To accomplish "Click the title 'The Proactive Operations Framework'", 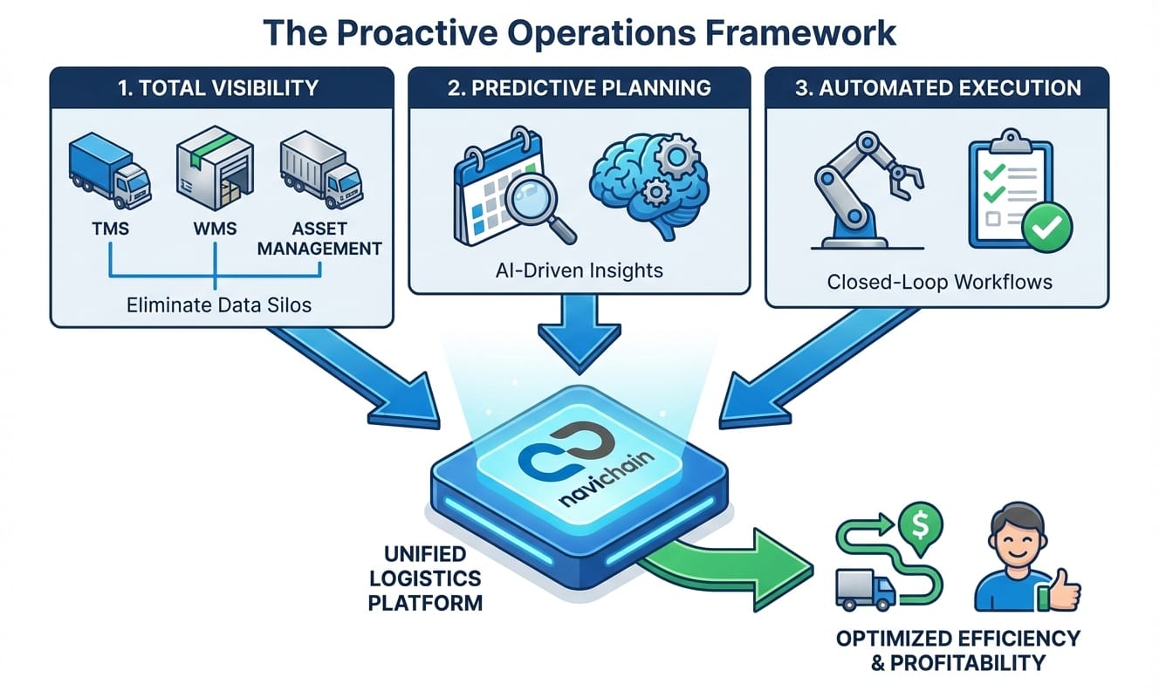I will pos(579,32).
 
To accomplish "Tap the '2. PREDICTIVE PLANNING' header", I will pos(579,88).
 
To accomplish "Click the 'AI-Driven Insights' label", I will pos(579,270).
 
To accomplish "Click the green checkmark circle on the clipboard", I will pos(1047,229).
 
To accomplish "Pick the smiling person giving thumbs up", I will pos(1021,558).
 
